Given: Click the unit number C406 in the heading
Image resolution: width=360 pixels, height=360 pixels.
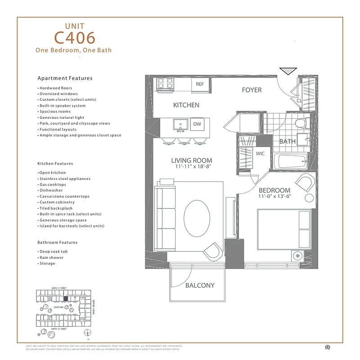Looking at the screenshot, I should click(x=74, y=37).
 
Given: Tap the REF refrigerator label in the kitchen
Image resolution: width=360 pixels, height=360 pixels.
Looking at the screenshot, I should click(x=200, y=84).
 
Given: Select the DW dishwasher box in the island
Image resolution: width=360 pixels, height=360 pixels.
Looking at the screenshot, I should click(x=197, y=124).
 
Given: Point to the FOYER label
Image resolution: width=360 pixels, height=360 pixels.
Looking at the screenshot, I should click(x=252, y=90).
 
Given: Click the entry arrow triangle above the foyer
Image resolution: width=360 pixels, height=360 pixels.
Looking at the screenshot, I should click(x=288, y=71).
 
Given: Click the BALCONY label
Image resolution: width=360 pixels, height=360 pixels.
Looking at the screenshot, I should click(x=200, y=285).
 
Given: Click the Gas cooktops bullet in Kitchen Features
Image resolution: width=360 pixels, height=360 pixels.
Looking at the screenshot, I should click(x=53, y=185).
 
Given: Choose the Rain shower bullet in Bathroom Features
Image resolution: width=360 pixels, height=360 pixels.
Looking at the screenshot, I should click(x=51, y=258).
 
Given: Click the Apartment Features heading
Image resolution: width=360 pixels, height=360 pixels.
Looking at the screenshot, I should click(x=65, y=78).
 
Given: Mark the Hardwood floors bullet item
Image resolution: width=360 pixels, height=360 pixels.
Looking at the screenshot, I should click(x=55, y=88).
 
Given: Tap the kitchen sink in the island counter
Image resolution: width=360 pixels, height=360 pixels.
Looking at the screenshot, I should click(x=181, y=124).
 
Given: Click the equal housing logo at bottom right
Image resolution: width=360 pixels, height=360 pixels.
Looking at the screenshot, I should click(x=327, y=347).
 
